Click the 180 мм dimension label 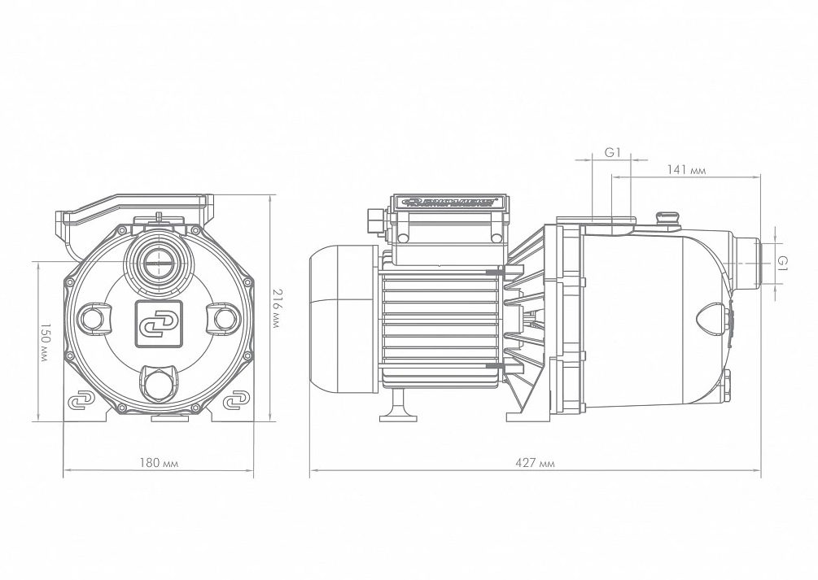tap(160, 462)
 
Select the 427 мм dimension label tap(536, 462)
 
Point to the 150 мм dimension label tap(45, 339)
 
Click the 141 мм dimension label tap(686, 170)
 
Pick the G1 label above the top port tap(613, 152)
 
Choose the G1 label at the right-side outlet tap(782, 262)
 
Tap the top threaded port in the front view tap(159, 261)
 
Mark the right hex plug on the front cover tap(224, 318)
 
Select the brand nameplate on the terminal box tap(450, 203)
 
